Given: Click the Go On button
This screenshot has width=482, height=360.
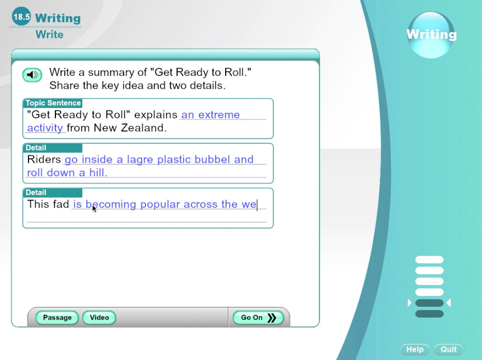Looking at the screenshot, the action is (x=258, y=318).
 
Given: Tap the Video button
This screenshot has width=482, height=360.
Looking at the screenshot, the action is (x=99, y=318).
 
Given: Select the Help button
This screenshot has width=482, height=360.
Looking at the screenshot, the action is (x=415, y=349).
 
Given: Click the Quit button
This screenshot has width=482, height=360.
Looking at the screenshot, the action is (x=448, y=349).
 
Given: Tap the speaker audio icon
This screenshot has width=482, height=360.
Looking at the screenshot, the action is (x=32, y=74).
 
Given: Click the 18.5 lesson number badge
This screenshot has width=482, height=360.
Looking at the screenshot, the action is (x=22, y=17).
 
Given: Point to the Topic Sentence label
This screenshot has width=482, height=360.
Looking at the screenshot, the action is (x=53, y=103).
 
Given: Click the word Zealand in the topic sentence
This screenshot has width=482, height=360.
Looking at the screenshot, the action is (x=143, y=128).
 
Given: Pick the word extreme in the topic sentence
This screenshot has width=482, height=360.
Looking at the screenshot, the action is (x=219, y=115).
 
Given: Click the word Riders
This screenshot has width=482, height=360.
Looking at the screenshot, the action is (x=44, y=159).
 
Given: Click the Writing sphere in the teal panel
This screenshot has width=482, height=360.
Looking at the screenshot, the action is (x=431, y=35).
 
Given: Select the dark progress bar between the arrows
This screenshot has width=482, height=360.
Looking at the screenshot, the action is (x=429, y=303).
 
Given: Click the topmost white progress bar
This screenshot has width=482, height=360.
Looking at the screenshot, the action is (x=429, y=260).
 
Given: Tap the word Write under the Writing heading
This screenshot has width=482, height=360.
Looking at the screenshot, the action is (x=50, y=35).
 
